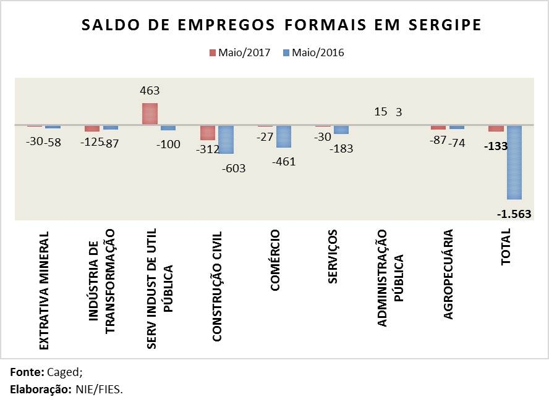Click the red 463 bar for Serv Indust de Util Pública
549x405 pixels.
coord(150,114)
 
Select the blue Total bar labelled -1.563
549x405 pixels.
coord(514,162)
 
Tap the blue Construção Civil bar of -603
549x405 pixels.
coord(226,140)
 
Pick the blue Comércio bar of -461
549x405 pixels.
coord(284,136)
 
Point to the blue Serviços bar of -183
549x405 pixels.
coord(341,130)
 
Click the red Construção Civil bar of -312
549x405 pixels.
coord(208,133)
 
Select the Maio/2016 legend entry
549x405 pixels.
coord(313,52)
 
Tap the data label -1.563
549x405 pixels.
coord(514,214)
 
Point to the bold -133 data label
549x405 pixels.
coord(496,146)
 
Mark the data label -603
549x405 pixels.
coord(233,168)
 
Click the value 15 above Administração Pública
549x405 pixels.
coord(381,112)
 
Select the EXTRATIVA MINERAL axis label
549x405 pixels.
coord(44,291)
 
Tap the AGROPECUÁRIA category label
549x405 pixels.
coord(448,274)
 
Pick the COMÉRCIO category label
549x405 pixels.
coord(275,261)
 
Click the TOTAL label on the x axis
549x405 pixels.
coord(506,247)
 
